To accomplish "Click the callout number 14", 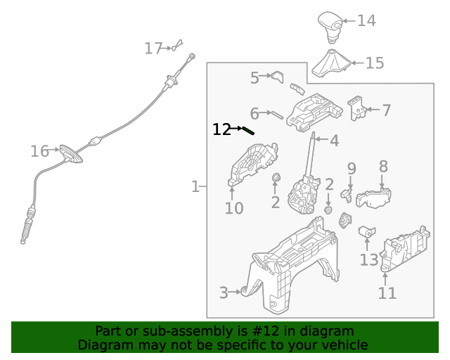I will click(x=366, y=21).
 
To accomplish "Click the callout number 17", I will click(x=153, y=49).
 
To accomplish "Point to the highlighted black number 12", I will click(x=221, y=129).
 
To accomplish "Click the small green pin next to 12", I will click(x=247, y=130).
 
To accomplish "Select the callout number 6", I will click(x=255, y=112).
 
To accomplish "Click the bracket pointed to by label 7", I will click(x=358, y=107).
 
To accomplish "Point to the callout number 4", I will click(x=333, y=141).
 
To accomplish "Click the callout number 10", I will click(x=234, y=208).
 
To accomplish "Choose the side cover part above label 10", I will click(x=252, y=166).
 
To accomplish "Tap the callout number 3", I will click(x=224, y=292).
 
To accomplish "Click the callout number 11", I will click(x=387, y=292).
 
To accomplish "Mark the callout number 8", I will click(x=383, y=167).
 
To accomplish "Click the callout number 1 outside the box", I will click(x=195, y=186).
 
